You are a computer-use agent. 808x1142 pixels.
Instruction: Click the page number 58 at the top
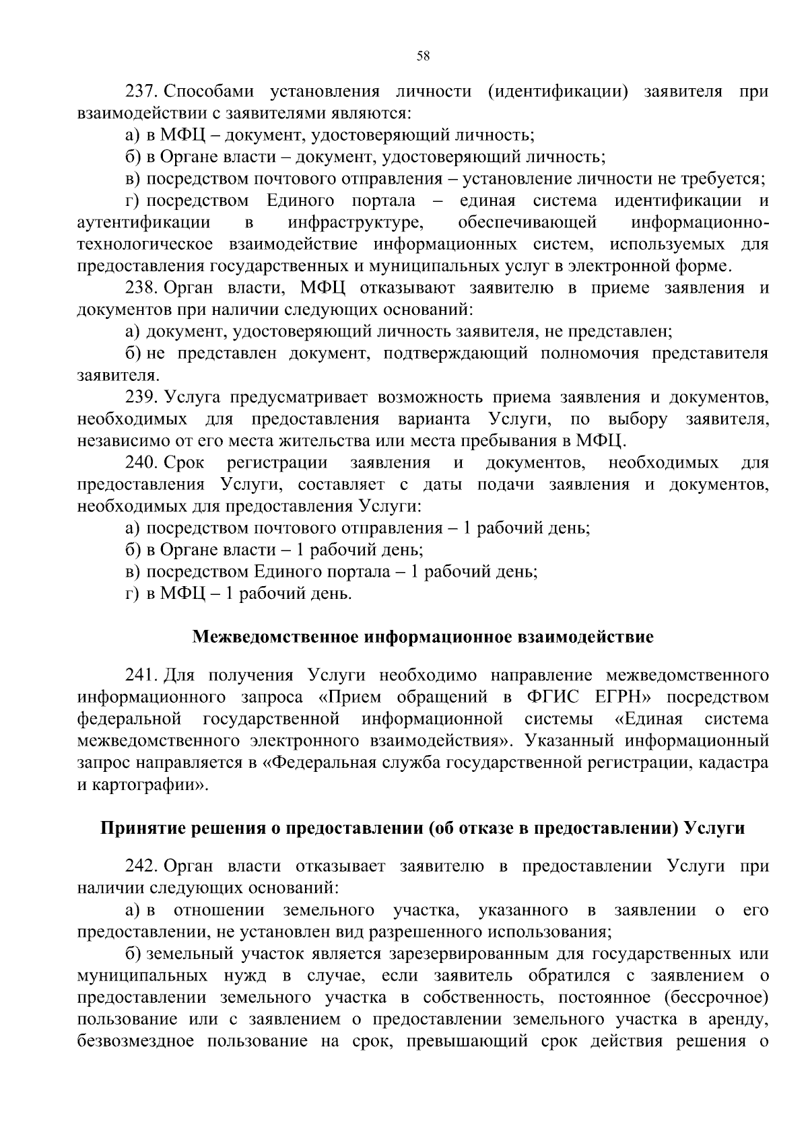pos(423,56)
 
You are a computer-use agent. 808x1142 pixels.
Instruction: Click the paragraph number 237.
pos(141,91)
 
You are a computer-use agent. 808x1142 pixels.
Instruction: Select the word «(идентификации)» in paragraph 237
pos(558,91)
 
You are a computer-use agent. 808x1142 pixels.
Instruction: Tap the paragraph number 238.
pos(141,288)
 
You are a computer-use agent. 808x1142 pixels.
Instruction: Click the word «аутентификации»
pos(144,222)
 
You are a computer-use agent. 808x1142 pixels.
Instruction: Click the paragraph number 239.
pos(141,398)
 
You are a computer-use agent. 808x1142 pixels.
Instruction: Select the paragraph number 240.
pos(141,463)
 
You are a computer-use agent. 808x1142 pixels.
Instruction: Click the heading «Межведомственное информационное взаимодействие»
pos(423,637)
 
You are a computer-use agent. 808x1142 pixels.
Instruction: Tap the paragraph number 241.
pos(141,675)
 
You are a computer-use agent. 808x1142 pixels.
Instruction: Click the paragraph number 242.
pos(141,867)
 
